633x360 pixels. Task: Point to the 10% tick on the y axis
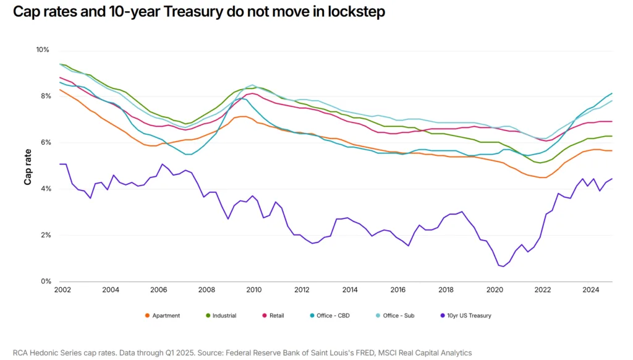pos(42,49)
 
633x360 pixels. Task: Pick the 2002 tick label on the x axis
pos(62,289)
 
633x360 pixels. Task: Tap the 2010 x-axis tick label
pos(254,289)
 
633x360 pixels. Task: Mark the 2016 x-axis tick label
pos(398,289)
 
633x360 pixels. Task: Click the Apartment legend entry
pos(162,315)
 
